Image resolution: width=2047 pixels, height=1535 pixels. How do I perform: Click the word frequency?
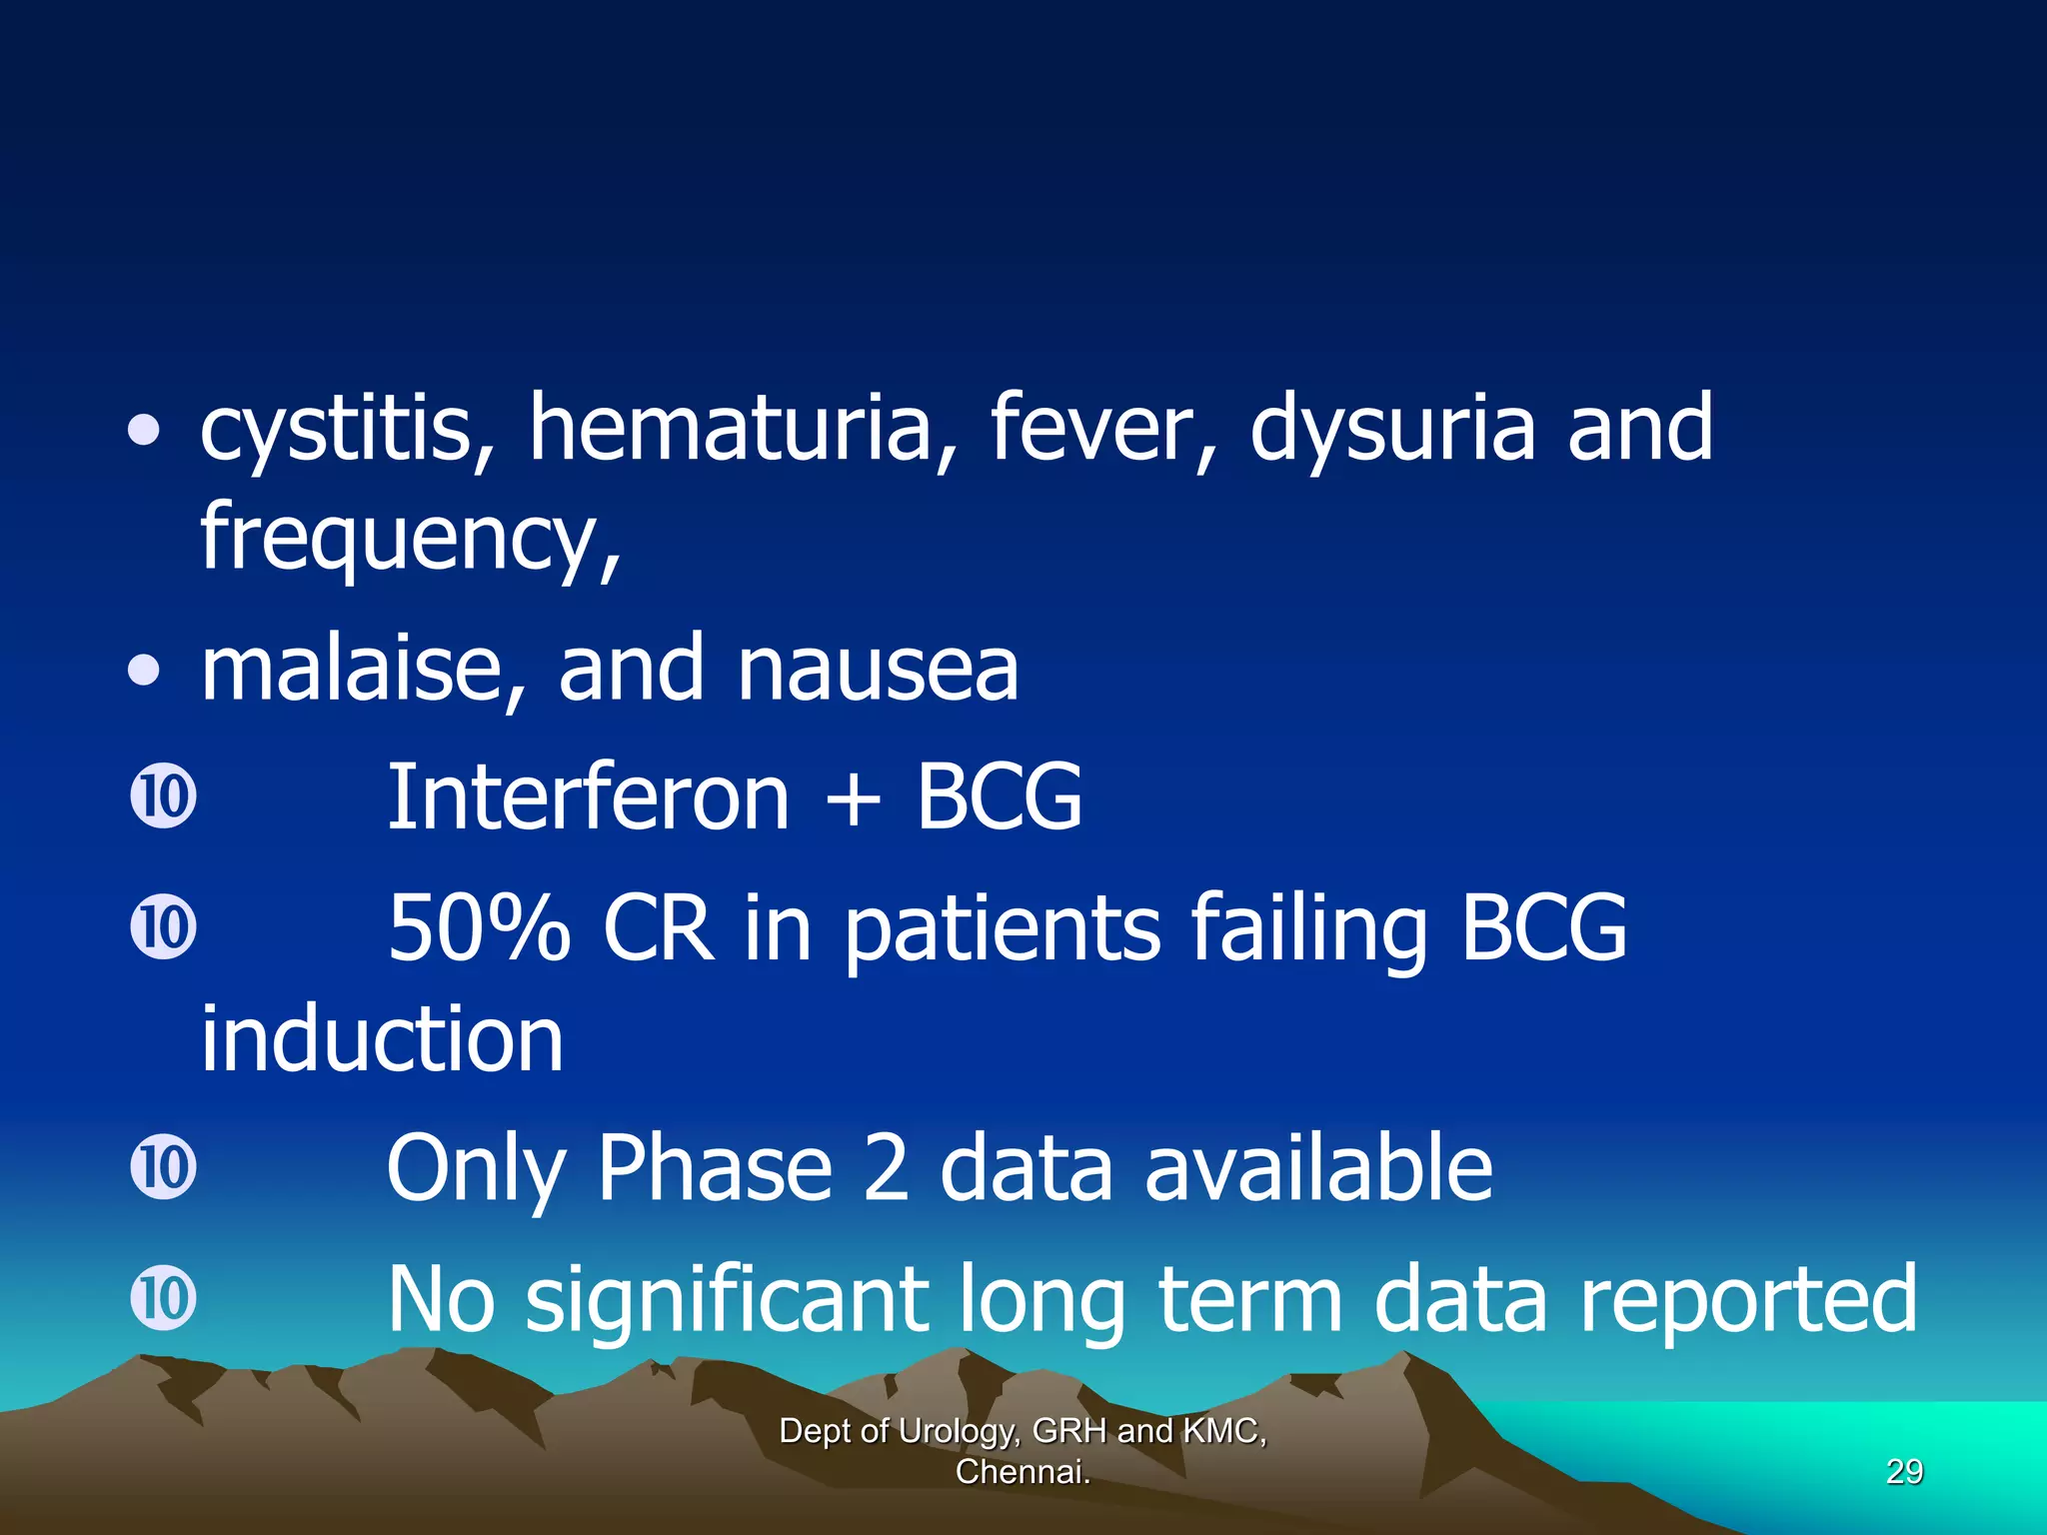tap(410, 540)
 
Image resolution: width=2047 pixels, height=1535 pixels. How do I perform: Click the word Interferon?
tap(588, 797)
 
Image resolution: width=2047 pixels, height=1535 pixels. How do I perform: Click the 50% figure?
tap(479, 929)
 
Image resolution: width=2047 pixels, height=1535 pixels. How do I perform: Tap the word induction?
tap(382, 1039)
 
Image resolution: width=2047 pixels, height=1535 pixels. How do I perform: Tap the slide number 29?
tap(1904, 1472)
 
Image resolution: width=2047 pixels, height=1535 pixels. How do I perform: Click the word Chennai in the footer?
tap(1022, 1472)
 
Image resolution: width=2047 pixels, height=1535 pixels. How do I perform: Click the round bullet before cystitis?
tap(144, 431)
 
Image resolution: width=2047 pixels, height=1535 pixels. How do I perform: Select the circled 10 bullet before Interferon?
tap(163, 796)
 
